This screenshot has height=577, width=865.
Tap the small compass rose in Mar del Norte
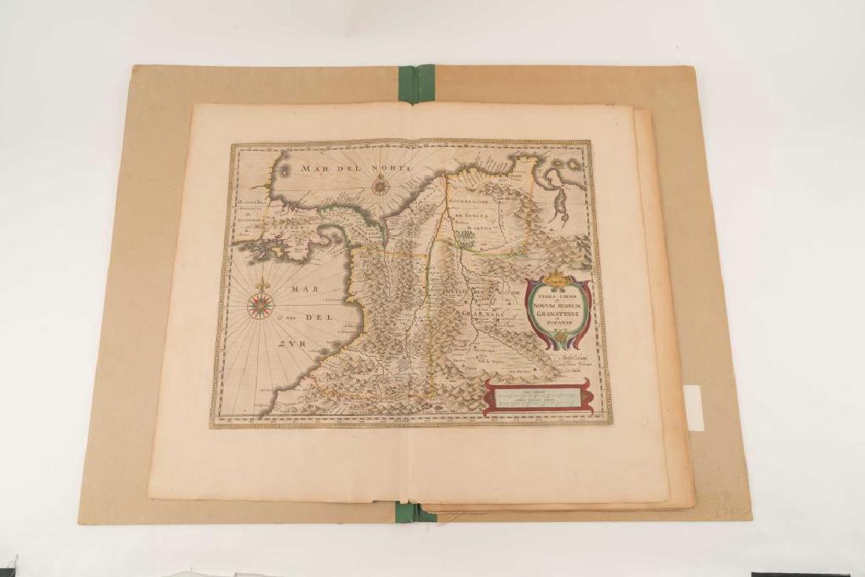[381, 186]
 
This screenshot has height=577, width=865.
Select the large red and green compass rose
[260, 306]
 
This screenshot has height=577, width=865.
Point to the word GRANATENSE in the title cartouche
[558, 310]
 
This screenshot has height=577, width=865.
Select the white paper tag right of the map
[694, 407]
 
